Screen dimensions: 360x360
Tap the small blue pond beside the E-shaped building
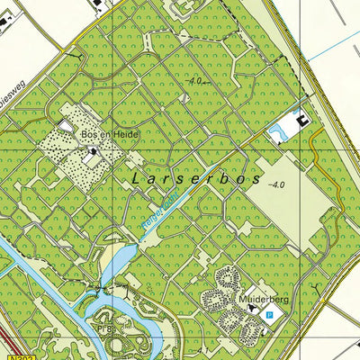(x=277, y=133)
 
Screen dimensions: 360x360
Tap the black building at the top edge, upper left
(x=97, y=4)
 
